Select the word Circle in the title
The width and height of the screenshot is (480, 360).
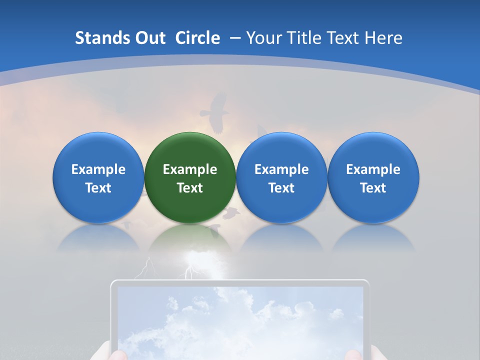pos(197,38)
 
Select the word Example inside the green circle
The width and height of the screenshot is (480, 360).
pos(190,169)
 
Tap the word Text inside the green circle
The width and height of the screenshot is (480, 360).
pos(190,188)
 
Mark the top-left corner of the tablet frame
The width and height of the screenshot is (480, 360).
pos(112,283)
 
